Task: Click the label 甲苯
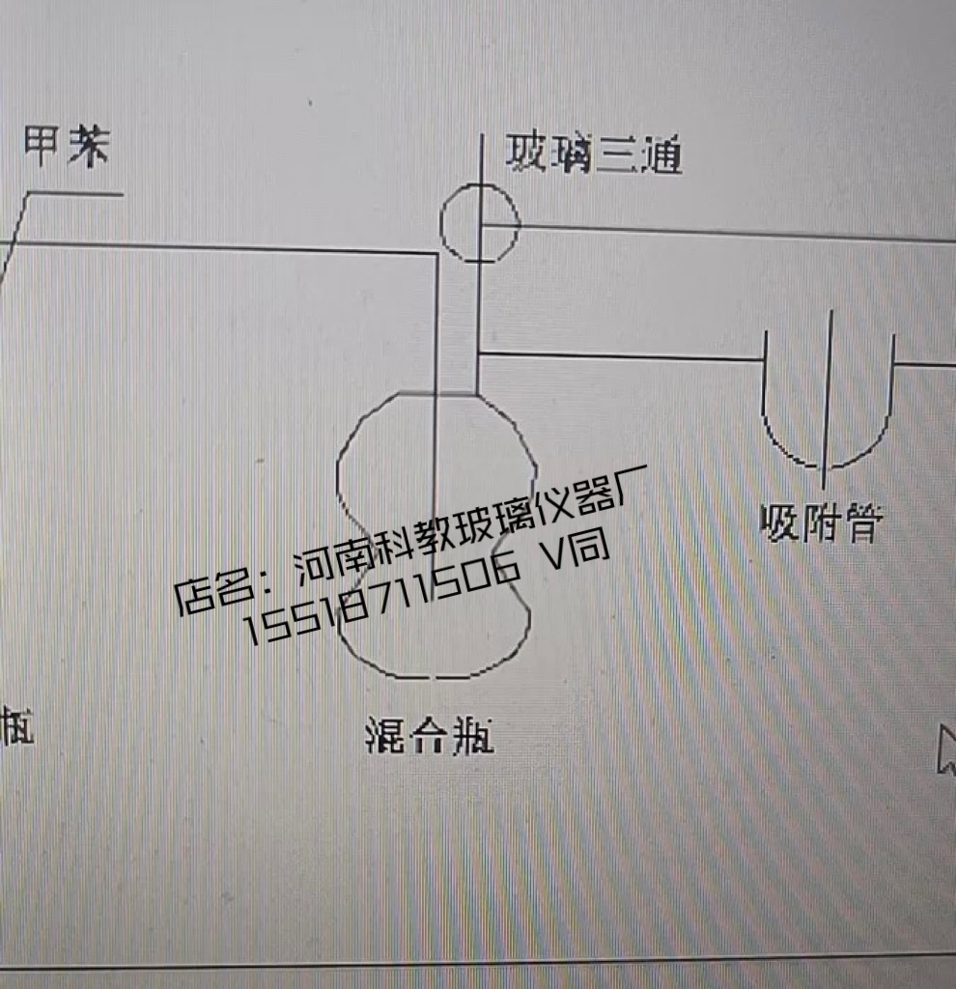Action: click(67, 148)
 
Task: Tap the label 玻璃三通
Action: click(594, 155)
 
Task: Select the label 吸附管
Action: click(821, 523)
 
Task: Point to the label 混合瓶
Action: click(430, 738)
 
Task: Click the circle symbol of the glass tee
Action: click(480, 224)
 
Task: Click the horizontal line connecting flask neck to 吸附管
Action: click(618, 356)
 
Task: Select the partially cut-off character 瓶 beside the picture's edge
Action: click(17, 726)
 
